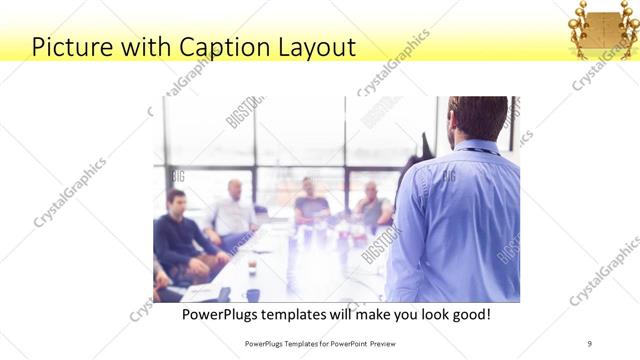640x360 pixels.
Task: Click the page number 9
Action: point(590,343)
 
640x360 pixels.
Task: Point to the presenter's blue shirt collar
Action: point(478,148)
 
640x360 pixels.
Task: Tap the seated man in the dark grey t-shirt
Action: point(311,203)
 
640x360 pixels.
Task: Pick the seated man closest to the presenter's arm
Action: point(374,205)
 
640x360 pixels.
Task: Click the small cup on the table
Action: point(251,268)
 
